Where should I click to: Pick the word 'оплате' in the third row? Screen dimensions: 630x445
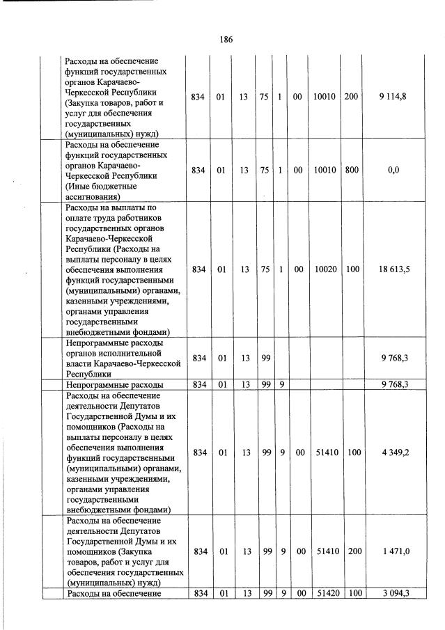[78, 217]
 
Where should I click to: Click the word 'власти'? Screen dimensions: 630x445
[78, 363]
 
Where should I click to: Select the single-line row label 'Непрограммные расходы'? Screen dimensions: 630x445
[114, 384]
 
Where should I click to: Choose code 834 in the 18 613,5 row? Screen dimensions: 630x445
[199, 269]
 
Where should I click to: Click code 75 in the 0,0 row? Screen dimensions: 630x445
[264, 171]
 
